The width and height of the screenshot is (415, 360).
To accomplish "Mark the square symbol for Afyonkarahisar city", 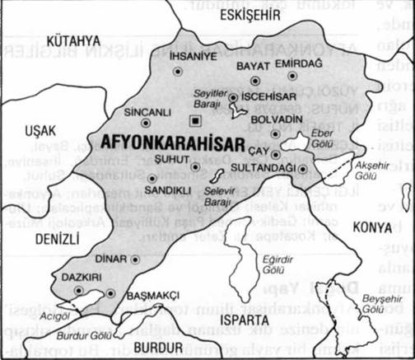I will click(194, 121).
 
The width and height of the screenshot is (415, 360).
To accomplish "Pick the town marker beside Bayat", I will click(255, 80).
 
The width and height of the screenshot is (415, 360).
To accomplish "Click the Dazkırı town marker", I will click(79, 289).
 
